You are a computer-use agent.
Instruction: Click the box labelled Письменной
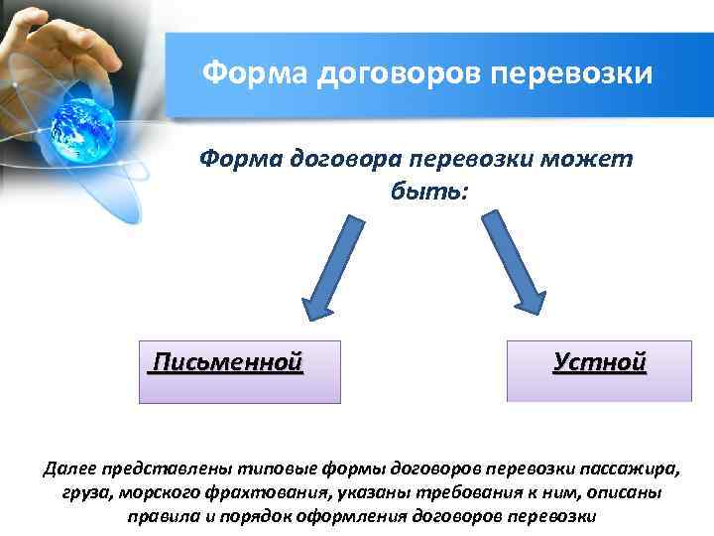pos(239,372)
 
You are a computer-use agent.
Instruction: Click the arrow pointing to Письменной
pos(331,268)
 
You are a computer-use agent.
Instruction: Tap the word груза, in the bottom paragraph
pos(70,493)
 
